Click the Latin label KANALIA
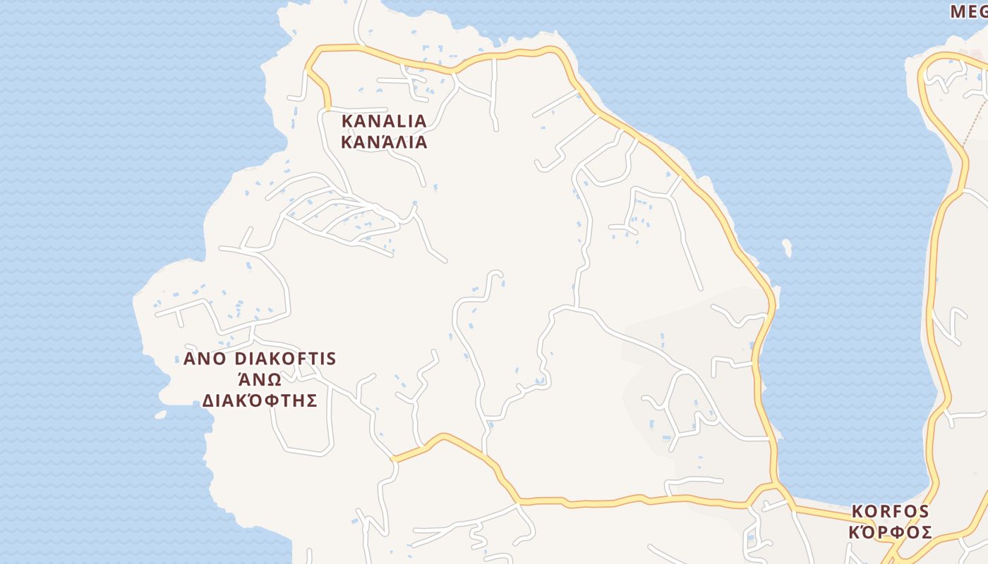coord(384,121)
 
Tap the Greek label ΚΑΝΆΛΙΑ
coord(384,142)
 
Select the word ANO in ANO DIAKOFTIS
coord(203,359)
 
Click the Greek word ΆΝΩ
coord(259,380)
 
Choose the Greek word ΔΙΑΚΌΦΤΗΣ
coord(259,401)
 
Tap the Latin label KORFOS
coord(890,511)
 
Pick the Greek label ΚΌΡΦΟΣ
coord(890,532)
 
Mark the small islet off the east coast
coord(787,247)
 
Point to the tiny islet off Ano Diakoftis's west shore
coord(161,415)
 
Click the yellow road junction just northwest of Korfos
coord(774,486)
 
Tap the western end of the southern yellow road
coord(394,459)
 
